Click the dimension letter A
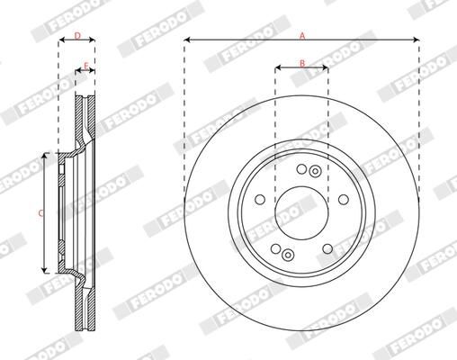coord(302,34)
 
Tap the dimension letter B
coord(302,61)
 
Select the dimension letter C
coord(40,212)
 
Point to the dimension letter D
coord(77,35)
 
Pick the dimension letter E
coord(85,65)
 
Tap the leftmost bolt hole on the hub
coord(260,200)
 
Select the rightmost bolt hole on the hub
coord(344,200)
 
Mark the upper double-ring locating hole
coord(314,171)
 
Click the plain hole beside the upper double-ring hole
coord(303,166)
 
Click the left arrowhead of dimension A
coord(187,40)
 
